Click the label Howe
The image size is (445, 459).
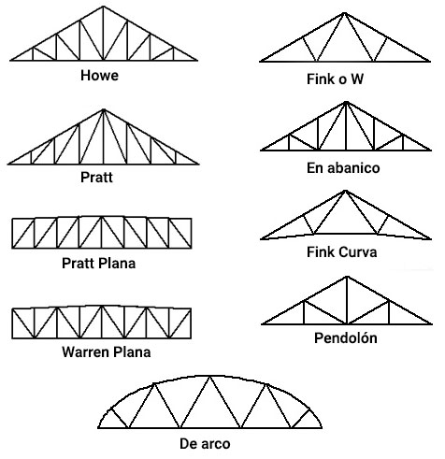[99, 76]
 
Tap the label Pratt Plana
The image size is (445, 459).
[98, 264]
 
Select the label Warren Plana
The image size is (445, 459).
[107, 352]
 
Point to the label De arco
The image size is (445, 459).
[205, 444]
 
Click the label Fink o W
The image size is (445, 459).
[335, 79]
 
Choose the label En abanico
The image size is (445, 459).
[343, 168]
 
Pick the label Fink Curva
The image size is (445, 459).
[342, 252]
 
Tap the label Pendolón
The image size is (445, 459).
[346, 337]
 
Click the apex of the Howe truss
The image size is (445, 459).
[104, 7]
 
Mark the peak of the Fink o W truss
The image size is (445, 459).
[344, 13]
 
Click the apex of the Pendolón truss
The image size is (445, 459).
[347, 277]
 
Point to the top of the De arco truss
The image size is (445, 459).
[210, 376]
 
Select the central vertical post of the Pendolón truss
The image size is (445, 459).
[347, 300]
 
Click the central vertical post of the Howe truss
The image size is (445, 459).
[104, 34]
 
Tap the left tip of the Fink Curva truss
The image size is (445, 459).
[261, 239]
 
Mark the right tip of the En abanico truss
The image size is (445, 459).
[431, 151]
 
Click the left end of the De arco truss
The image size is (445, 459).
[98, 427]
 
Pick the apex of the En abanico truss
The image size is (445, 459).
[346, 102]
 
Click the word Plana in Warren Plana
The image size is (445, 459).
[132, 352]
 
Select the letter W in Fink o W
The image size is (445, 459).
[357, 79]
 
